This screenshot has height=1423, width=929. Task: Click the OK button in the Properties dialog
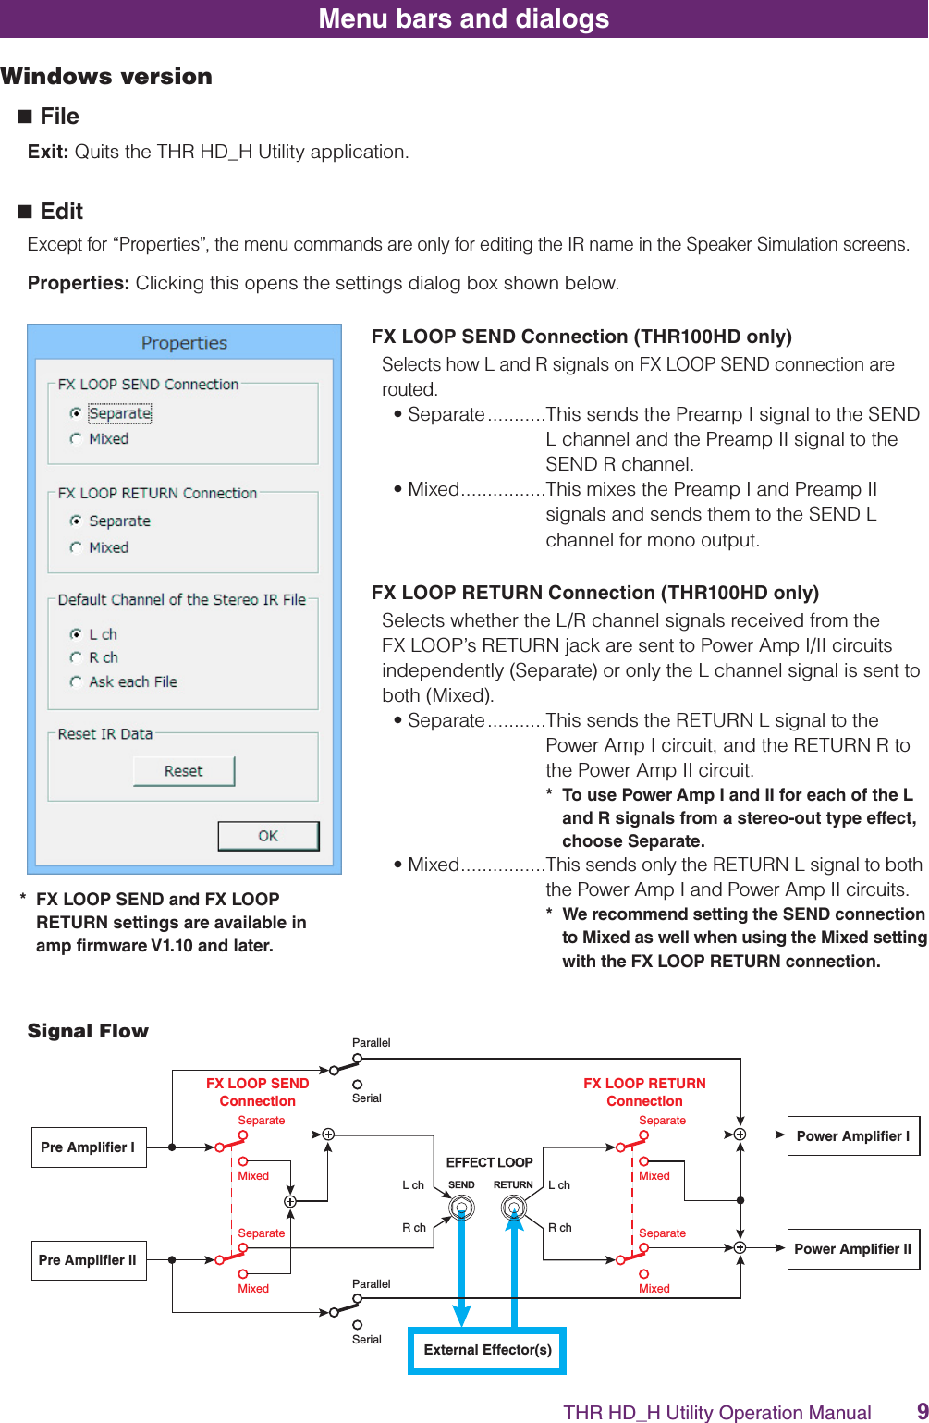coord(268,836)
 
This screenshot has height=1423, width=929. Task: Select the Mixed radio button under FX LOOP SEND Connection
coord(76,439)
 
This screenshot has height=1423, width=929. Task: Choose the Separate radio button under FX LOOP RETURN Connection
coord(76,521)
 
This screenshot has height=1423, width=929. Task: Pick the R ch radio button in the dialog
coord(76,657)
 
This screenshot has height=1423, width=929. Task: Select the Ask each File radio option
coord(76,681)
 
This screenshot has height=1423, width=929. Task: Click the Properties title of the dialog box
coord(184,343)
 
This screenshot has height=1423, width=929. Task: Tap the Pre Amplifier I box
coord(88,1147)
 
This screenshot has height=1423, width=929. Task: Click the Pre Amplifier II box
coord(88,1260)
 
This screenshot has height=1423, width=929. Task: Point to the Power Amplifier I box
coord(852,1136)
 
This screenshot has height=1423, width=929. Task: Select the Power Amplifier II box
coord(852,1249)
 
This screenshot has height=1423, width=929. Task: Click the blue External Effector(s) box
coord(487,1350)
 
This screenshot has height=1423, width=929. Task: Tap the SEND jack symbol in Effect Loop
coord(461,1208)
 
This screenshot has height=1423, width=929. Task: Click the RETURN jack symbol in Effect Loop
coord(513,1208)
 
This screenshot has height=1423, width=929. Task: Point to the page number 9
coord(922,1411)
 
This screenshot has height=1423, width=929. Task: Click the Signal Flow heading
coord(88,1031)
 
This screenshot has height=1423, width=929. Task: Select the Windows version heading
coord(106,77)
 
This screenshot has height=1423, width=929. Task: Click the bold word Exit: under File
coord(48,152)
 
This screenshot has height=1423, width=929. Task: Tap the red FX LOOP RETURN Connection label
coord(644,1092)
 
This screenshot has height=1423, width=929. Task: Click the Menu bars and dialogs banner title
coord(464,18)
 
